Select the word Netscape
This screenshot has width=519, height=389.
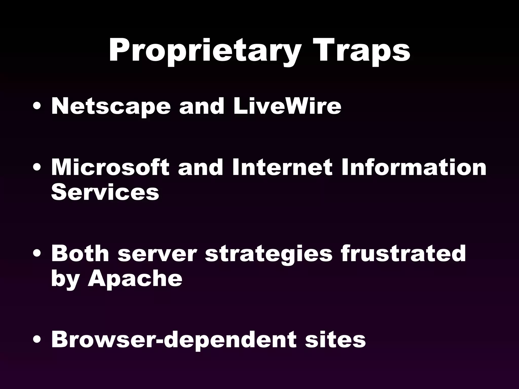tap(111, 106)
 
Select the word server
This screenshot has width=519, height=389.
tap(157, 254)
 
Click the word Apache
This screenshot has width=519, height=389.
tap(135, 279)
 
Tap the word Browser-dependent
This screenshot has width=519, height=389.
tap(174, 340)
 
